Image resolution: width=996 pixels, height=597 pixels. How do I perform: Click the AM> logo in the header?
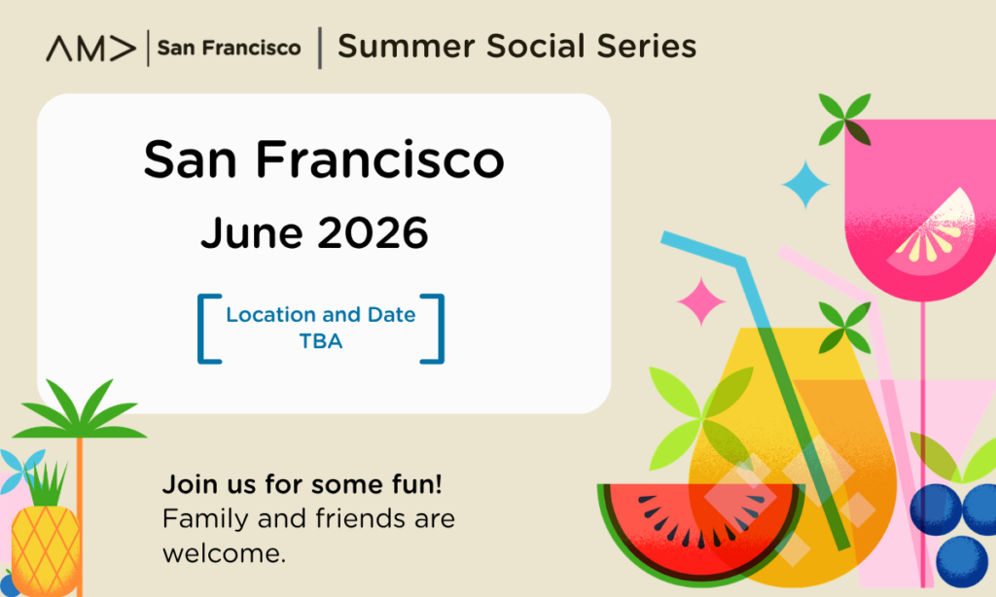[x=90, y=49]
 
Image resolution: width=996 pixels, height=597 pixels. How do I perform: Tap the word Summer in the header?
[x=406, y=47]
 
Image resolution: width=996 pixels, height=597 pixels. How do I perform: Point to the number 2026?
[x=373, y=232]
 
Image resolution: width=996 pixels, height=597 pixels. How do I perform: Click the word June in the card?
[x=252, y=232]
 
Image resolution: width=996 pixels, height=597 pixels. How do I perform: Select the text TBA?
[x=321, y=341]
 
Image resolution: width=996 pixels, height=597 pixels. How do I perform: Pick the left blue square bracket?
[x=202, y=329]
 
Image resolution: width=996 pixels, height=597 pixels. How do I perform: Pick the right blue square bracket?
[x=439, y=329]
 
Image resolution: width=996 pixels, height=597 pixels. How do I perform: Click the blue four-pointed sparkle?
[x=805, y=184]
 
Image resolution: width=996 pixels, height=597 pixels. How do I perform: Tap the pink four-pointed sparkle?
[x=701, y=301]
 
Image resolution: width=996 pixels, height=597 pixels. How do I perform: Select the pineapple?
[x=45, y=534]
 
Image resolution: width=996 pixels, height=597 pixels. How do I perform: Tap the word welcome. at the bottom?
[x=225, y=553]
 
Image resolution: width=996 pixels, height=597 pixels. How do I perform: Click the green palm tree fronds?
[x=80, y=410]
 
